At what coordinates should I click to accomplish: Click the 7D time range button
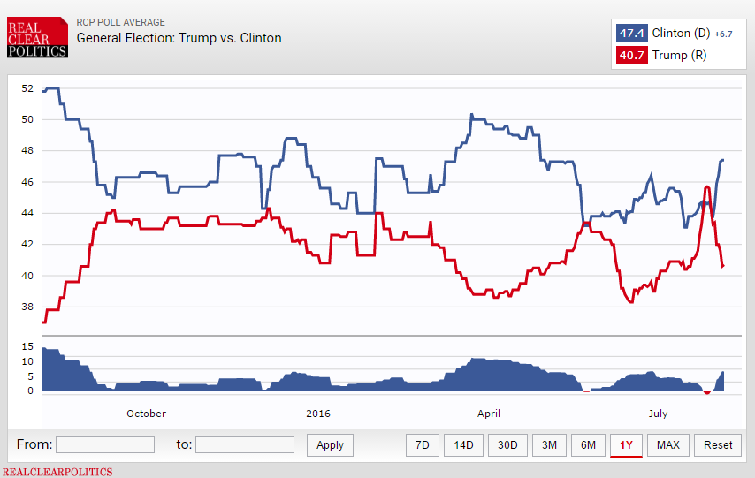423,445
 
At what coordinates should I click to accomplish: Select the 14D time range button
464,445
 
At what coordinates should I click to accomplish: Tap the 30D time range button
507,445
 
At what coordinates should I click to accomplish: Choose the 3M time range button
549,445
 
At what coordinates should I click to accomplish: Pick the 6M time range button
588,445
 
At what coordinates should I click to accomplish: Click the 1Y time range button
626,445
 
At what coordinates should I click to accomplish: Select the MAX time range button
668,445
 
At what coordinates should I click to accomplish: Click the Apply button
330,445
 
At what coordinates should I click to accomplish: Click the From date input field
105,444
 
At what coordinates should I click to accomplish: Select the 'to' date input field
245,444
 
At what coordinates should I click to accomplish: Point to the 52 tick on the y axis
27,88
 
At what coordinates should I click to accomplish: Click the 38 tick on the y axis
27,307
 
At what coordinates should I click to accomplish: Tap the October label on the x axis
146,414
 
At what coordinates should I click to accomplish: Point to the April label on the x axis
489,414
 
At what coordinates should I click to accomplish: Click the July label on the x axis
658,414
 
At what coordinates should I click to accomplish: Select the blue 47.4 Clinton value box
631,34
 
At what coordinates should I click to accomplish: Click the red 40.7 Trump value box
631,56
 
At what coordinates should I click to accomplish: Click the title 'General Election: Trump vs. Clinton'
179,38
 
